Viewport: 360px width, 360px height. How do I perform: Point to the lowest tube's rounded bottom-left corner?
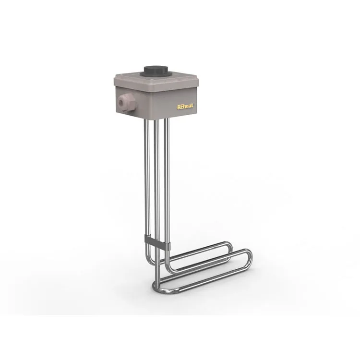tap(156, 288)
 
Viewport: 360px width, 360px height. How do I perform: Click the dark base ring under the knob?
tap(155, 74)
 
